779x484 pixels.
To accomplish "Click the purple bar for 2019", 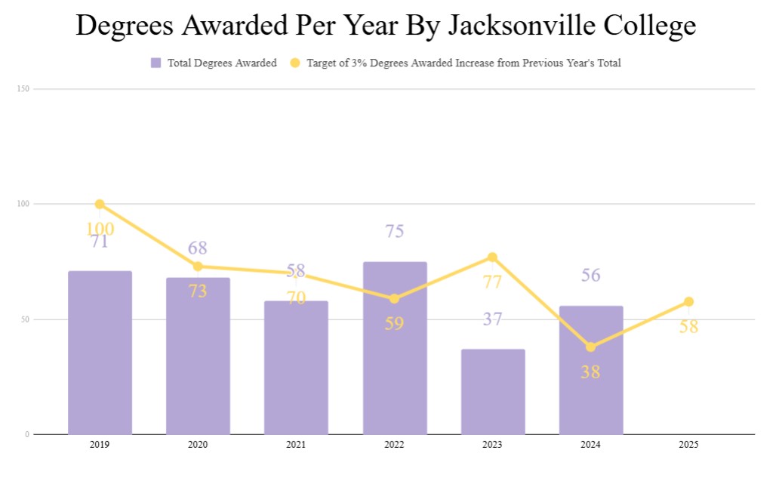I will [100, 353].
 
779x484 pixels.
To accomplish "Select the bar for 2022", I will [395, 348].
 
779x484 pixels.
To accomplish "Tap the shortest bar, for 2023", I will [493, 391].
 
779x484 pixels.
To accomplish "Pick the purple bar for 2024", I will [591, 370].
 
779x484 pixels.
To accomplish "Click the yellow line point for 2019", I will [100, 204].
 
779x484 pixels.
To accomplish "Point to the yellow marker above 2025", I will [688, 301].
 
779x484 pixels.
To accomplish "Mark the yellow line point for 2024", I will [591, 347].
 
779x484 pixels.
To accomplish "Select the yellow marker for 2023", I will [493, 257].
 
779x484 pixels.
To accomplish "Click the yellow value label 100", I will [100, 229].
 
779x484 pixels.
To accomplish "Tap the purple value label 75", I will [395, 231].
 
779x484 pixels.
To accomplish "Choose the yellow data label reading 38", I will [590, 371].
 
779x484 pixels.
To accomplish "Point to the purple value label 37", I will [493, 319].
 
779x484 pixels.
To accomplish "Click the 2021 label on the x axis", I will [296, 445].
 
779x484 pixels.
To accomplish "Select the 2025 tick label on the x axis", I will [688, 445].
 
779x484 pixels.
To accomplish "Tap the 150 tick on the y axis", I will [23, 89].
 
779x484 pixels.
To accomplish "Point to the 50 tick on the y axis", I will [24, 319].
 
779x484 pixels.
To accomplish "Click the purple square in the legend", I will [156, 63].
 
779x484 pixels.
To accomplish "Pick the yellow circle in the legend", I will [295, 63].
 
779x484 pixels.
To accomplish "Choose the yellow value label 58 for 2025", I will [688, 327].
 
